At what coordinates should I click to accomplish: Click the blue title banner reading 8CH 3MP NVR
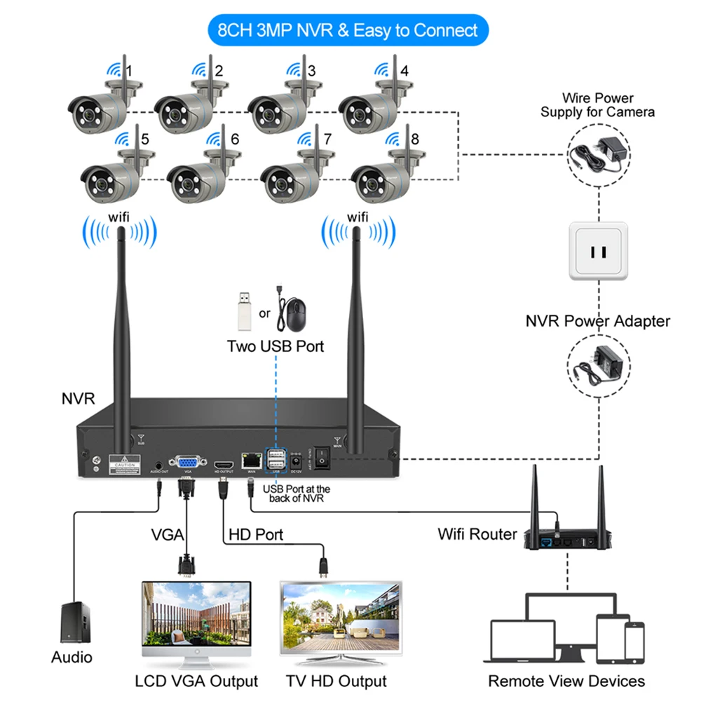(348, 30)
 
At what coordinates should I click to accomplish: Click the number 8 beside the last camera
(414, 139)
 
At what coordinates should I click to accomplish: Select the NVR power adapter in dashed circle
(596, 365)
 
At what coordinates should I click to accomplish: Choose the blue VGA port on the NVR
(188, 462)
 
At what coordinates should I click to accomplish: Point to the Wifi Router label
(477, 534)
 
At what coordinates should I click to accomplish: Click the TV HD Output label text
(336, 681)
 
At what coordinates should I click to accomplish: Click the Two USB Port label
(275, 346)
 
